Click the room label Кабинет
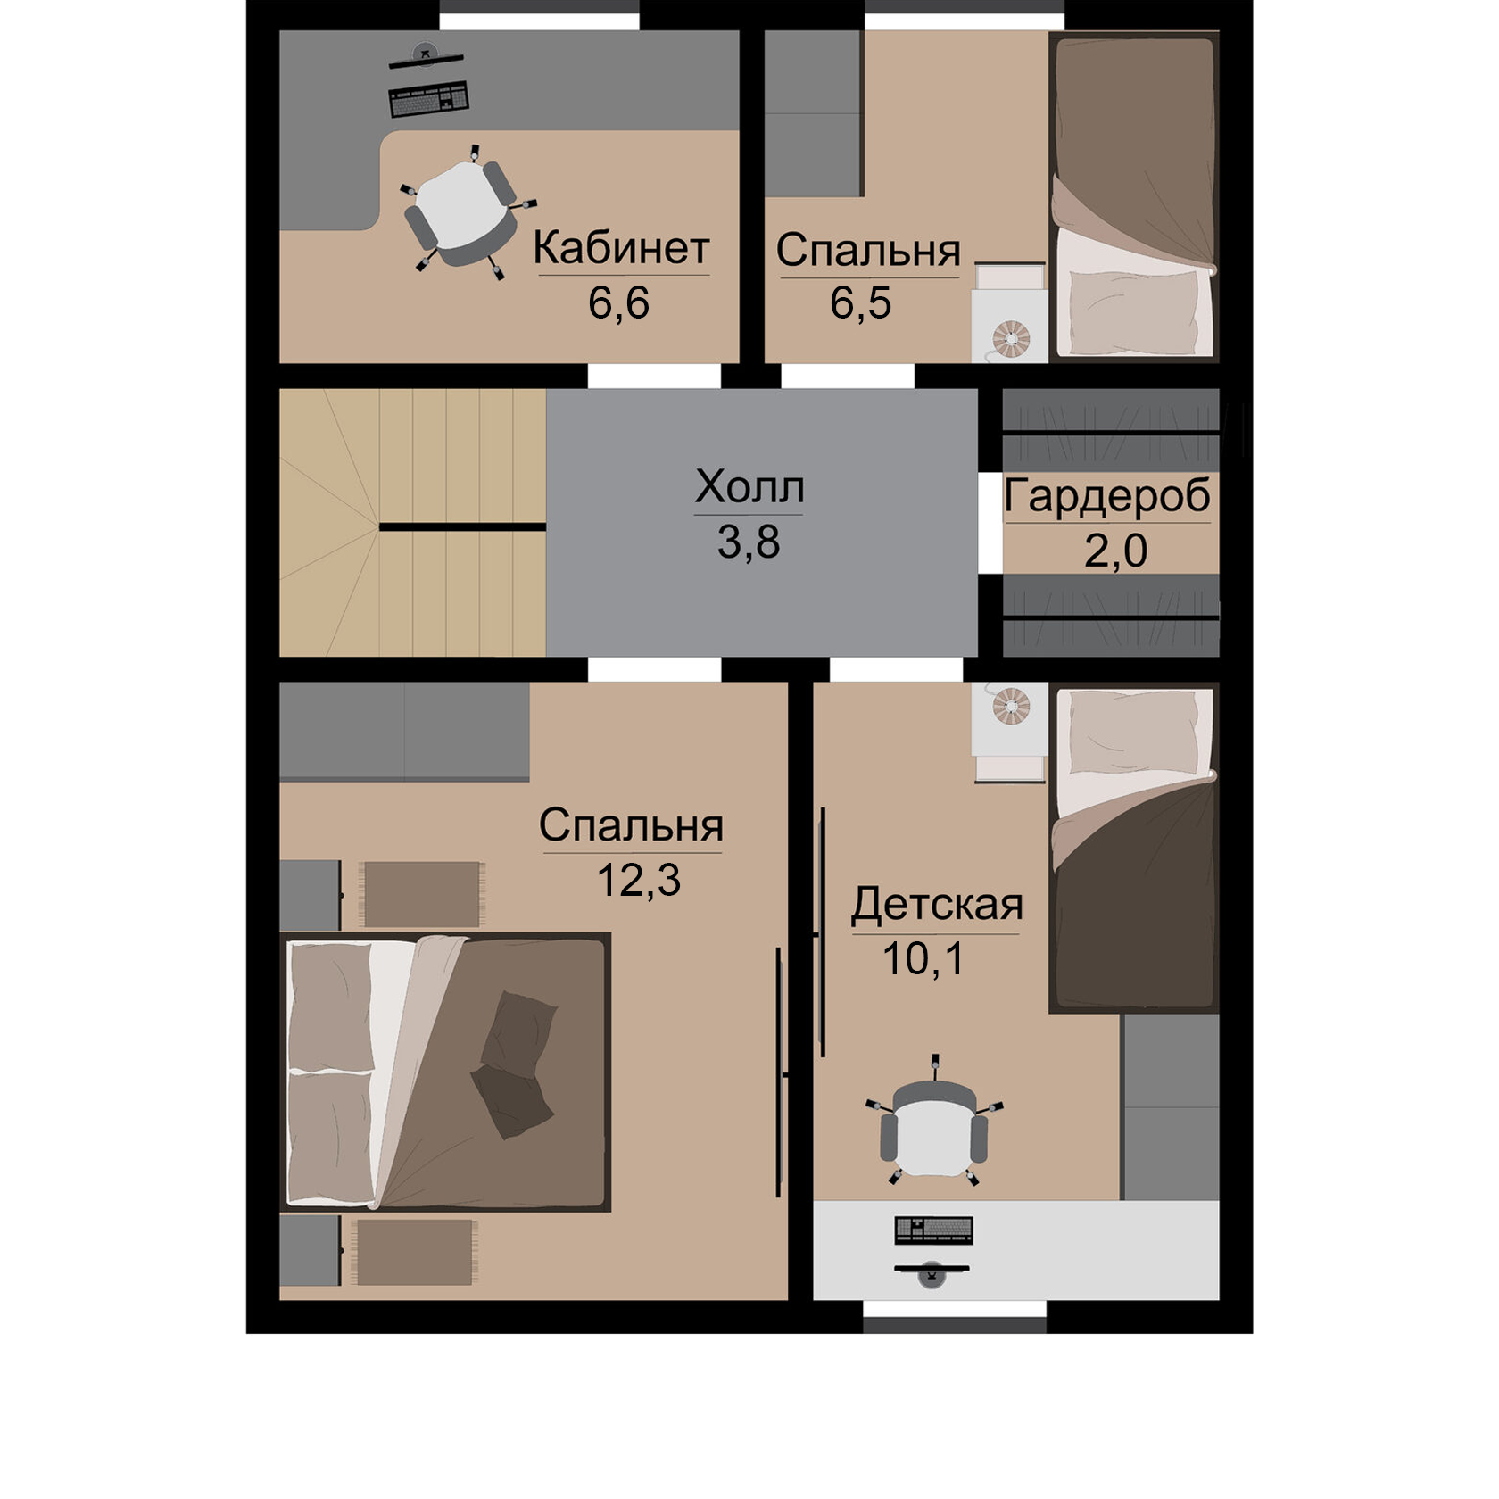621,248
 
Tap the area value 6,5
860,302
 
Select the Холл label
749,487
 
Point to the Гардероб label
1107,497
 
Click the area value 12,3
638,880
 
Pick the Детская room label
937,904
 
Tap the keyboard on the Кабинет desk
429,99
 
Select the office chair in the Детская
934,1122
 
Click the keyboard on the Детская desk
933,1230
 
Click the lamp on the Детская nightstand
1011,705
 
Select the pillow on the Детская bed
1133,734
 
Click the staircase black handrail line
463,527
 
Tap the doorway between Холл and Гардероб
990,523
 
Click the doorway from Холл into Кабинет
654,376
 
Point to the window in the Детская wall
955,1317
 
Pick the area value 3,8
749,542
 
